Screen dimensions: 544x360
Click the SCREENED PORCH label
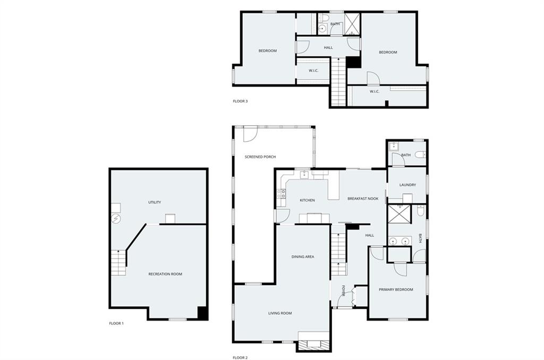[x=260, y=157]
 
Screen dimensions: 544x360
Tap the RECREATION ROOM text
[x=165, y=274]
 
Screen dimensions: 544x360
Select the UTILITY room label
[x=155, y=202]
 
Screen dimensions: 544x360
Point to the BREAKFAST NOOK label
[x=363, y=199]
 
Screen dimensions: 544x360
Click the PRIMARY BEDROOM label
[x=396, y=289]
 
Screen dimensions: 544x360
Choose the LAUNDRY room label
[x=407, y=185]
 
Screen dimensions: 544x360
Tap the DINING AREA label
[x=303, y=256]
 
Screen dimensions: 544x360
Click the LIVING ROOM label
[x=280, y=313]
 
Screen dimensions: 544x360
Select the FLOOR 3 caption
[x=240, y=101]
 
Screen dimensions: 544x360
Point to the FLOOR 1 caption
[x=116, y=323]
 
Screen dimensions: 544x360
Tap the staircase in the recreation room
[x=118, y=262]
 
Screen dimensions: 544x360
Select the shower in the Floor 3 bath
[x=352, y=24]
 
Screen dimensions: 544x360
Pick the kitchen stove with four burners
[x=282, y=193]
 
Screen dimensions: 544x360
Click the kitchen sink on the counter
[x=304, y=174]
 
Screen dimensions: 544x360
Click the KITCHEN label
[x=308, y=200]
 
